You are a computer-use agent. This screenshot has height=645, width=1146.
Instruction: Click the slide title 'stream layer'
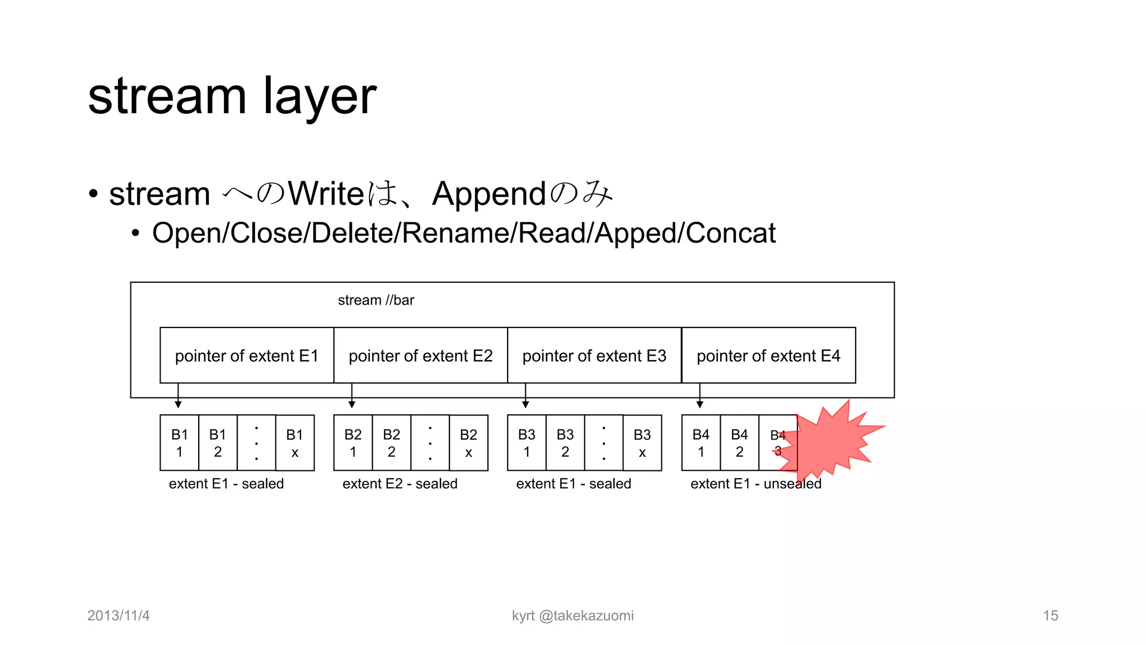[x=232, y=96]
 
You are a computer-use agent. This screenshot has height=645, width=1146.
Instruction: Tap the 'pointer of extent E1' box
[x=247, y=356]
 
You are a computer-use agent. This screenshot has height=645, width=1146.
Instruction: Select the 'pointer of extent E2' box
[x=420, y=356]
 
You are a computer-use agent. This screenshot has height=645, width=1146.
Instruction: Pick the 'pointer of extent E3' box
[x=594, y=356]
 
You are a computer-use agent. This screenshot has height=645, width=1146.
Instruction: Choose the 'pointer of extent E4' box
[x=768, y=356]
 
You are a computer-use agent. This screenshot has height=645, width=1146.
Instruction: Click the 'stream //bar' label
[x=376, y=300]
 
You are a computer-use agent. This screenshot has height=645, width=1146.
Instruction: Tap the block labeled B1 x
[x=295, y=443]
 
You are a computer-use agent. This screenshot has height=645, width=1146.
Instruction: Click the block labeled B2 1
[x=353, y=443]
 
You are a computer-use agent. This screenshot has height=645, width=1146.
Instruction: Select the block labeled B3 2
[x=565, y=443]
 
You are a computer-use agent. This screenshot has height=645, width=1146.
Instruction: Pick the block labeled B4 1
[x=701, y=443]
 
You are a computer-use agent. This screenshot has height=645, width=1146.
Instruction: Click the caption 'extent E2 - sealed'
[x=400, y=484]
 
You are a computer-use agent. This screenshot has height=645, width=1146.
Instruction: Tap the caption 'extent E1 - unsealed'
[x=756, y=484]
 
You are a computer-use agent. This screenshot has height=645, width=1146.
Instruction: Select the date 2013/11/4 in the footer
[x=119, y=615]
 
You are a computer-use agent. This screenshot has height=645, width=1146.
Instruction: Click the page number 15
[x=1050, y=615]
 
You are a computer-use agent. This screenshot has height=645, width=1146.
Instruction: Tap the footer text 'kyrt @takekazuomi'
[x=572, y=615]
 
